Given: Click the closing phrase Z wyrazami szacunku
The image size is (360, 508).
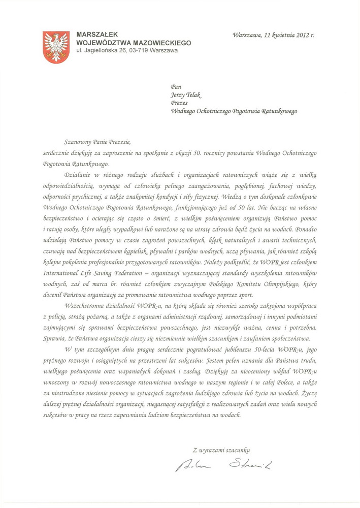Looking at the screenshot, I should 221,449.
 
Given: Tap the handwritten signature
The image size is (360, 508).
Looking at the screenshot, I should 223,464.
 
